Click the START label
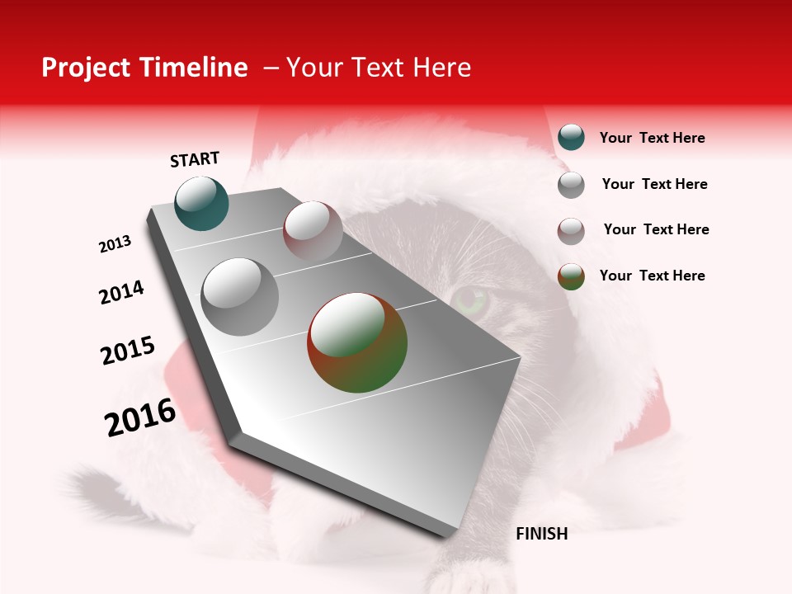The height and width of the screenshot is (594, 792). click(x=195, y=159)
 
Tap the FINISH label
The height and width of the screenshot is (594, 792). click(x=541, y=534)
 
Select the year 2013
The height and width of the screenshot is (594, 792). click(x=115, y=244)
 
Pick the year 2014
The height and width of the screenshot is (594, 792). click(x=122, y=292)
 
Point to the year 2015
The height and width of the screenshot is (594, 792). click(x=128, y=350)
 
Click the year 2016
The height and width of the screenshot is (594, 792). click(x=140, y=417)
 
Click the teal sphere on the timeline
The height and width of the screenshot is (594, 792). click(x=201, y=203)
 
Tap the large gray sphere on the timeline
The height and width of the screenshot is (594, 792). click(x=239, y=296)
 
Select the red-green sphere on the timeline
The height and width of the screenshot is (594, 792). click(x=357, y=342)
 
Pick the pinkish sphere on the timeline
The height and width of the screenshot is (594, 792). click(x=313, y=231)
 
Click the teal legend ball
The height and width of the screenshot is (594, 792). click(x=571, y=137)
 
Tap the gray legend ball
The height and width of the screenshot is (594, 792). click(x=571, y=184)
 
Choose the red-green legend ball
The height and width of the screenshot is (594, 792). click(x=571, y=276)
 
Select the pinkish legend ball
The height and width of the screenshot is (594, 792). click(x=571, y=231)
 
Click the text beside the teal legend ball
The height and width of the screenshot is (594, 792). click(x=652, y=138)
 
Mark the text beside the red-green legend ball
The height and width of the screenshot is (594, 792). click(x=652, y=276)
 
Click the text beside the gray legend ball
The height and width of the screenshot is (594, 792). click(x=654, y=184)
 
